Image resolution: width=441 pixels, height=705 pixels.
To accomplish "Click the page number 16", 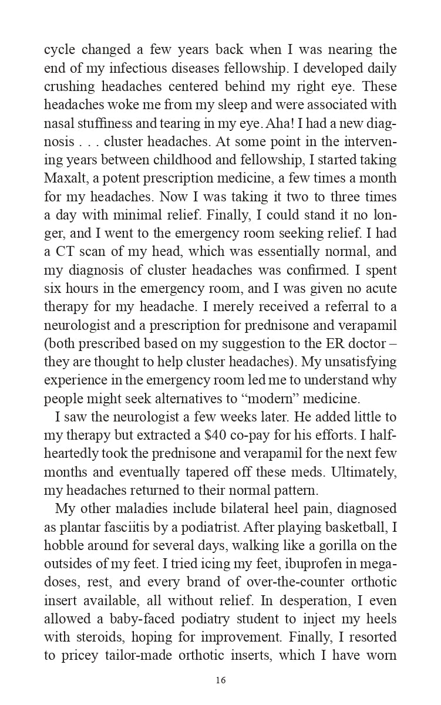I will click(x=220, y=680).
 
